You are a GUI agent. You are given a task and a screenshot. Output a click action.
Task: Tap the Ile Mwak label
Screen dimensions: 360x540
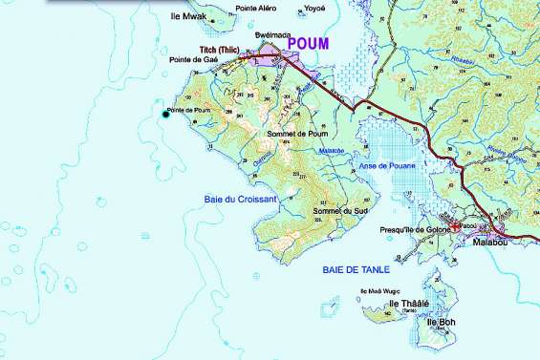click(187, 16)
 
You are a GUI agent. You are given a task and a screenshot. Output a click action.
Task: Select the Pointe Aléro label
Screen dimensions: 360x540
click(257, 8)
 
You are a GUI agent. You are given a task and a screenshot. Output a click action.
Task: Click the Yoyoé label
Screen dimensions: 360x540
click(314, 8)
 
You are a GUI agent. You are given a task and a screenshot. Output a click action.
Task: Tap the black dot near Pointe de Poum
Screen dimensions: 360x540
click(164, 115)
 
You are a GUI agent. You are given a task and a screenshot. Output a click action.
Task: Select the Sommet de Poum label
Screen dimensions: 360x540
click(298, 134)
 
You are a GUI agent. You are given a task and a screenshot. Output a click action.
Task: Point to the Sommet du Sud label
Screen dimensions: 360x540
click(334, 211)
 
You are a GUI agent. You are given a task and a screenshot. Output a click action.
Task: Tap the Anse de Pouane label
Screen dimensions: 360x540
click(387, 166)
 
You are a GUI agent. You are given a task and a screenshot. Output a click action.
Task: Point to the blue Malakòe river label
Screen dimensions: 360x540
click(330, 149)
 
